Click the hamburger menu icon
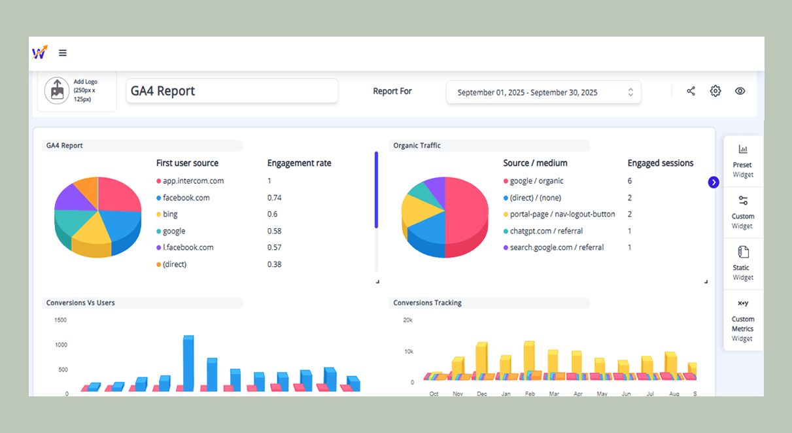pos(63,53)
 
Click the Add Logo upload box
pos(77,91)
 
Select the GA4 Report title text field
pos(232,91)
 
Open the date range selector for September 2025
pos(543,92)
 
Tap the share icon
pos(691,91)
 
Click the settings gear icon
pos(715,91)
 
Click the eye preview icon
pos(740,91)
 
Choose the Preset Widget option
pos(743,161)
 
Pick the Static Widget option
pos(743,263)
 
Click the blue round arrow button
pos(714,182)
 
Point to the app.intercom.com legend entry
pos(193,181)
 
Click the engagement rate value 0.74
pos(275,198)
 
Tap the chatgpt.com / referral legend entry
pos(546,231)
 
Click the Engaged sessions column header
pos(661,163)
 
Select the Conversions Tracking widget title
pos(427,303)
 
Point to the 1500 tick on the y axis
pos(61,320)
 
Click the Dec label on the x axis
pos(482,394)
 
